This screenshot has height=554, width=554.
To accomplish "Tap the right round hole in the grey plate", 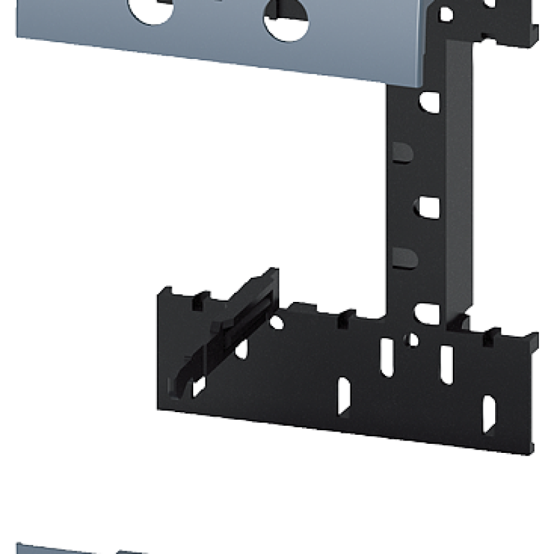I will click(x=286, y=19).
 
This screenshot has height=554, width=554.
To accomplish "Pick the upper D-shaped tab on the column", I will click(x=403, y=153).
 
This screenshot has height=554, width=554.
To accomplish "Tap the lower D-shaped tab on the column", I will click(x=404, y=258).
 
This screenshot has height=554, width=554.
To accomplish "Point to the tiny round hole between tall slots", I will click(x=413, y=340).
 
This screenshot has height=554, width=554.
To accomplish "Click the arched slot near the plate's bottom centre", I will click(x=343, y=395).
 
